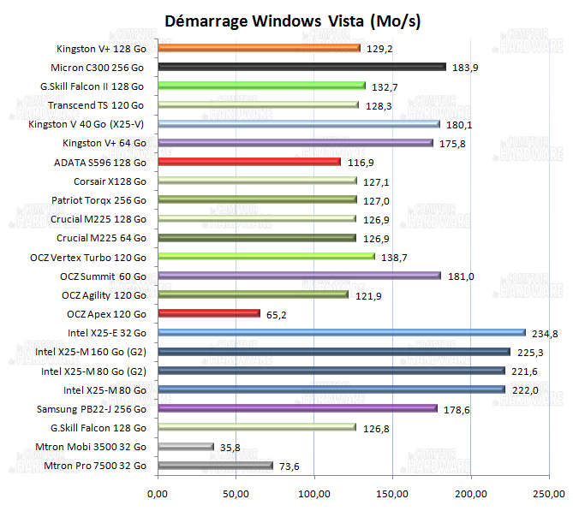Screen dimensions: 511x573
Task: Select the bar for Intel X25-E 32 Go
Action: [341, 333]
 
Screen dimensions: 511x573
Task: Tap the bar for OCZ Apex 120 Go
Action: [208, 313]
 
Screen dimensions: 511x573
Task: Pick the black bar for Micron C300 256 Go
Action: [301, 67]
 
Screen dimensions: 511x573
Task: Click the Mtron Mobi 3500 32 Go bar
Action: [185, 447]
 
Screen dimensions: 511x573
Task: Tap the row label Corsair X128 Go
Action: [108, 181]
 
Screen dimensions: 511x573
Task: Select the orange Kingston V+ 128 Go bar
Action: [259, 48]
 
